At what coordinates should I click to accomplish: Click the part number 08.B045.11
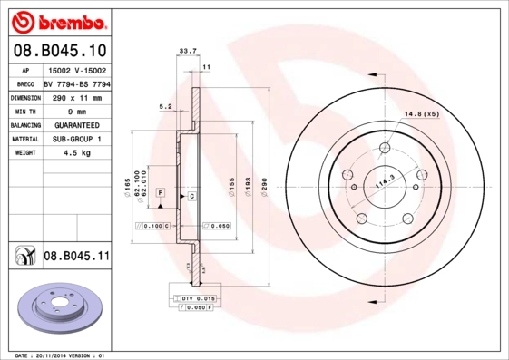click(x=77, y=257)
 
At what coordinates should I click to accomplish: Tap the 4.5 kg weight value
click(x=77, y=153)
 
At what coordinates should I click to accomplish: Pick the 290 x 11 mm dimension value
click(x=77, y=97)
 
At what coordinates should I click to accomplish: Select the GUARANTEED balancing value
click(x=77, y=125)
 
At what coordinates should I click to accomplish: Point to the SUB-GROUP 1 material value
click(x=77, y=140)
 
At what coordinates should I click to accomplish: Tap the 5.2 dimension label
click(x=165, y=106)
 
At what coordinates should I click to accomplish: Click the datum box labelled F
click(x=159, y=193)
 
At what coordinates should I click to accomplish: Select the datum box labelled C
click(x=192, y=196)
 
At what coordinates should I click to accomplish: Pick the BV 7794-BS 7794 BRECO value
click(x=77, y=83)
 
